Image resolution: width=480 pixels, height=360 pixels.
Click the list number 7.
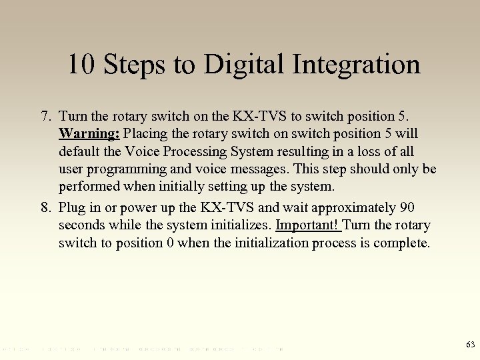[x=45, y=116]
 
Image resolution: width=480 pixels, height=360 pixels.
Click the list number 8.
[x=45, y=208]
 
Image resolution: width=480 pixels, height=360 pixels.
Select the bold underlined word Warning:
[x=89, y=133]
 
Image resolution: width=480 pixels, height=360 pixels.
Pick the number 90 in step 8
[x=407, y=208]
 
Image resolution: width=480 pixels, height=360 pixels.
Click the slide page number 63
[x=470, y=345]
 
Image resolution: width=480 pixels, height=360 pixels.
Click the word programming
[x=125, y=169]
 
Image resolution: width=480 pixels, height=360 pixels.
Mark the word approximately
[x=349, y=208]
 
